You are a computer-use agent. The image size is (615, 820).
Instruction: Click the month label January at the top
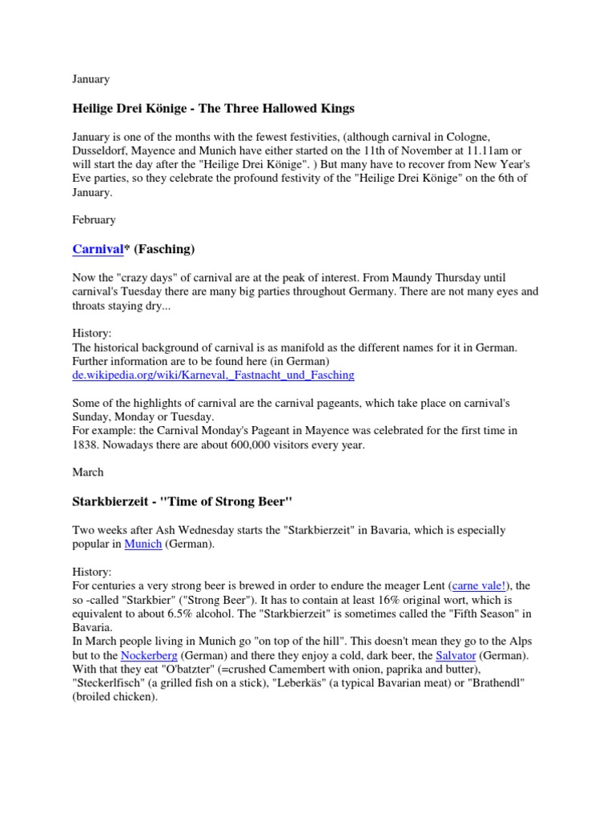[x=90, y=79]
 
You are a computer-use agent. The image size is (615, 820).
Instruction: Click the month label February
[x=94, y=219]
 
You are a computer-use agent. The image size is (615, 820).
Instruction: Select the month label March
[x=87, y=472]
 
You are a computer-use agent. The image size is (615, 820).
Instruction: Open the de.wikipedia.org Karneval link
[x=213, y=375]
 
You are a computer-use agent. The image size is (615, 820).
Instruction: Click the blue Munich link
[x=143, y=544]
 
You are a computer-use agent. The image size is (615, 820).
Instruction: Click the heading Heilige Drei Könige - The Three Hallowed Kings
[x=213, y=108]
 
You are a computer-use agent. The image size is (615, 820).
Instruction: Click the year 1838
[x=85, y=445]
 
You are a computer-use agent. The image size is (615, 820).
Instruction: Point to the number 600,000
[x=243, y=445]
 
